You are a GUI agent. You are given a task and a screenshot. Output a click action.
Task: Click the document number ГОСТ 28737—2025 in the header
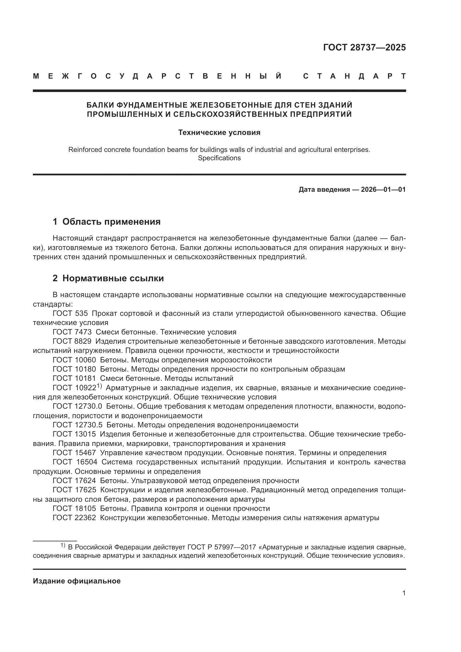(x=364, y=47)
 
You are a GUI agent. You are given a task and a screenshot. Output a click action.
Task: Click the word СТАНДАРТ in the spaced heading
(x=354, y=76)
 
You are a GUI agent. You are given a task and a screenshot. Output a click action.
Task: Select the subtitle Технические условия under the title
(x=219, y=133)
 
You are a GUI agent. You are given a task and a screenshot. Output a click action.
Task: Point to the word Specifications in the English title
(x=219, y=158)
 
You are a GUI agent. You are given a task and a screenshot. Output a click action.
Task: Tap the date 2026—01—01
(x=383, y=189)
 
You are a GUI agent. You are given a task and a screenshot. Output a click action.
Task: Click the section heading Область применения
(x=111, y=222)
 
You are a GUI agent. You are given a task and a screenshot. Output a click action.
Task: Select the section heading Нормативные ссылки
(x=113, y=278)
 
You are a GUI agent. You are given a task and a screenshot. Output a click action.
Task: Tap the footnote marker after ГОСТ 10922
(x=99, y=386)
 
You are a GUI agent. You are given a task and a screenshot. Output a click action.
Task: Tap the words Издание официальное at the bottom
(x=77, y=581)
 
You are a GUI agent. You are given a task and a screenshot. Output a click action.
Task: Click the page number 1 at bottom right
(x=404, y=598)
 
